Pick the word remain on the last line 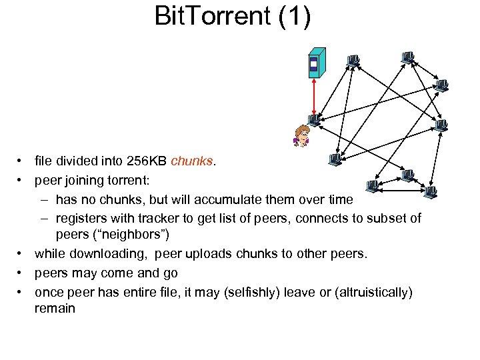pos(55,309)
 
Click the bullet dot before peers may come pos(21,273)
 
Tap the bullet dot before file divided pos(21,161)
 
